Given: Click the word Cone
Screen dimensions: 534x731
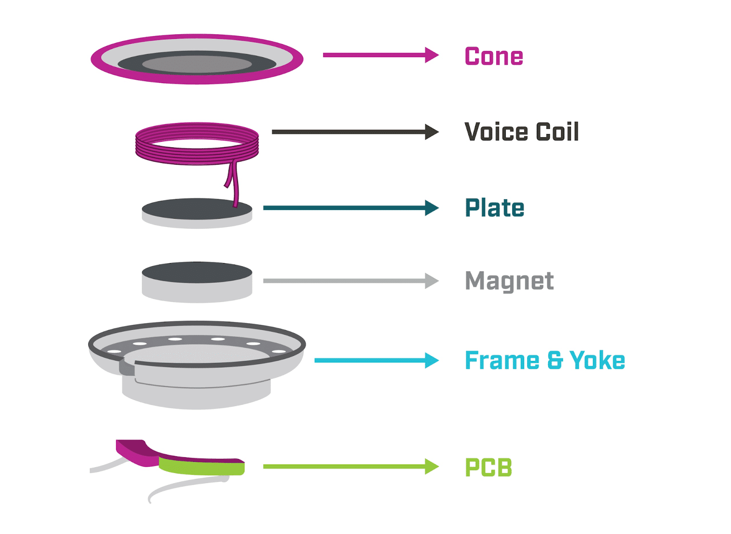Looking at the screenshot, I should (x=493, y=57).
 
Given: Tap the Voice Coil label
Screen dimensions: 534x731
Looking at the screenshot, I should (x=521, y=132).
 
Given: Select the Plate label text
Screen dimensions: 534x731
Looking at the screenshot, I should (x=494, y=208).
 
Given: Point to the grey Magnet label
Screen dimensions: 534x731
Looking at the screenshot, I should (x=509, y=281).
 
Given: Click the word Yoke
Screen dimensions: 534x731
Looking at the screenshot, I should (x=597, y=361).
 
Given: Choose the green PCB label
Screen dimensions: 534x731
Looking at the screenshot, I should (x=488, y=468).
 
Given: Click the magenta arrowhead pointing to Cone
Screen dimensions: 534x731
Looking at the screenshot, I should (x=431, y=55).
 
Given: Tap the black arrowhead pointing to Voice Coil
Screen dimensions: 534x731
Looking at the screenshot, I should (x=431, y=132).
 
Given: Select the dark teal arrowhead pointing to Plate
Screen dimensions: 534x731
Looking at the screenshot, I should (x=431, y=208).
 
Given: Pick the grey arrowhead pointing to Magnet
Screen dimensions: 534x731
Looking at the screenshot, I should (x=431, y=281).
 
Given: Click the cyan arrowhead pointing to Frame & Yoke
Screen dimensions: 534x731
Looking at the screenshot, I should (x=431, y=361).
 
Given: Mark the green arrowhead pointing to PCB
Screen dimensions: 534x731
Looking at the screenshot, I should (x=431, y=467).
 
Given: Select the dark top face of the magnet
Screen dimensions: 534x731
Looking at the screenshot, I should (x=197, y=272).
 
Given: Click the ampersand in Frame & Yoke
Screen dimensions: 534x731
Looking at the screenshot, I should (x=554, y=361).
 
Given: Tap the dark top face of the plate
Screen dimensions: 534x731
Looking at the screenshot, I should (x=192, y=209).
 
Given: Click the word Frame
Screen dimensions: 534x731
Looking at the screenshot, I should (x=502, y=361).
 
